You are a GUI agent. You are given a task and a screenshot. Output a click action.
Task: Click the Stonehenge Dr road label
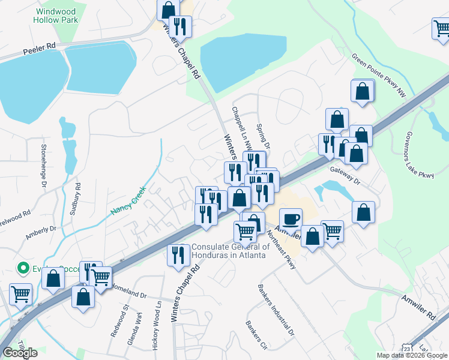click(43, 166)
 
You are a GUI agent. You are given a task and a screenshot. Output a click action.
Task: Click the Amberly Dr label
click(40, 232)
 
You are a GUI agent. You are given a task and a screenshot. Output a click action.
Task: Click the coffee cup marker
click(291, 219)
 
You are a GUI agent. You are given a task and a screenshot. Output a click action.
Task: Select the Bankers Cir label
click(256, 335)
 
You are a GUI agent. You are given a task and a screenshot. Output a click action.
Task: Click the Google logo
click(20, 352)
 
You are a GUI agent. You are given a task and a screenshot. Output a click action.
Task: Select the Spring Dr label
click(264, 137)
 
